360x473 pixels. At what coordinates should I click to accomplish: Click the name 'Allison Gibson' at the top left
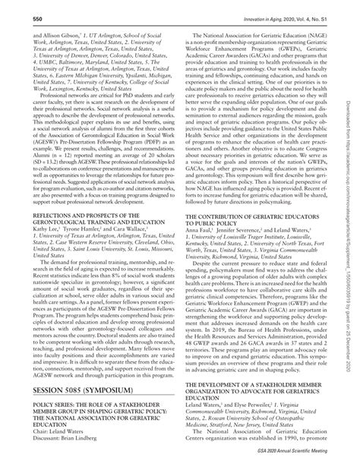(44, 34)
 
